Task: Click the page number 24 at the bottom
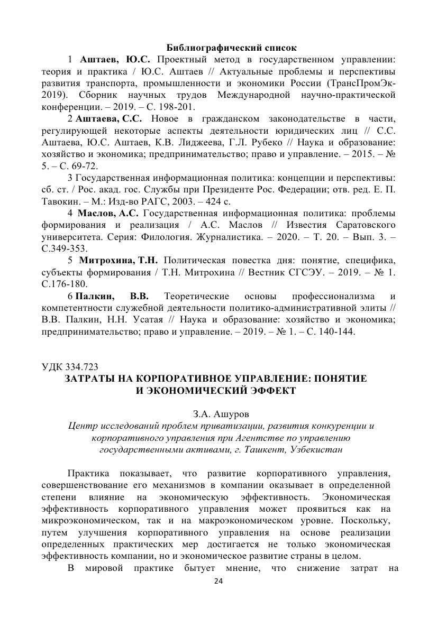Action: pyautogui.click(x=218, y=582)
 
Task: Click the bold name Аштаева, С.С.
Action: pyautogui.click(x=109, y=117)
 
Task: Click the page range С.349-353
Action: pyautogui.click(x=65, y=248)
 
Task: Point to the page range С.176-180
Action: pyautogui.click(x=65, y=283)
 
